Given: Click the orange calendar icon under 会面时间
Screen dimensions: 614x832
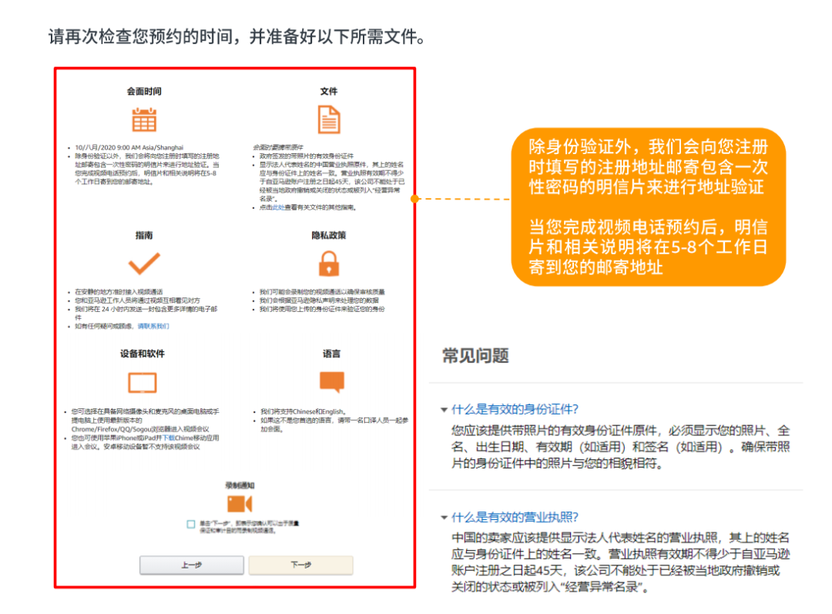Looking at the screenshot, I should coord(144,119).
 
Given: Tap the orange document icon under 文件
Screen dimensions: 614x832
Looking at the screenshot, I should coord(329,119).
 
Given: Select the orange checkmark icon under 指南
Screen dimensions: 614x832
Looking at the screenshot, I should coord(144,263).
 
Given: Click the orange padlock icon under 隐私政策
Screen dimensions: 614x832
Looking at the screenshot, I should coord(329,263).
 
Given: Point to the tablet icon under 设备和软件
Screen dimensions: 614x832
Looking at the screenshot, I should coord(143,382).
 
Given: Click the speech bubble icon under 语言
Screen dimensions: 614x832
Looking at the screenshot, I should coord(331,381).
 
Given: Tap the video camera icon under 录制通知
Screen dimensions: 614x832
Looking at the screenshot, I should coord(240,503).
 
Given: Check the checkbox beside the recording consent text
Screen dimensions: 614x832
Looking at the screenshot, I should coord(190,524).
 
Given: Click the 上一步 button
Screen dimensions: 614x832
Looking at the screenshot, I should coord(191,565).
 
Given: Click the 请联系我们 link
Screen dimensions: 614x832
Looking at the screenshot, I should coord(153,326).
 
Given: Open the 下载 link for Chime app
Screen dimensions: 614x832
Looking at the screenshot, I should coord(168,438).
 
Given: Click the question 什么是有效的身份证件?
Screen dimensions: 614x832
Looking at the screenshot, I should coord(515,409).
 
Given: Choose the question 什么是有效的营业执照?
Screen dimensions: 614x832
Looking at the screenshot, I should coord(515,517).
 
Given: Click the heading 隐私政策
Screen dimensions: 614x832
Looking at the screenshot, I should coord(329,234).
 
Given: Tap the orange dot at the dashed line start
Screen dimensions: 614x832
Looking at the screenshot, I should coord(414,199).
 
